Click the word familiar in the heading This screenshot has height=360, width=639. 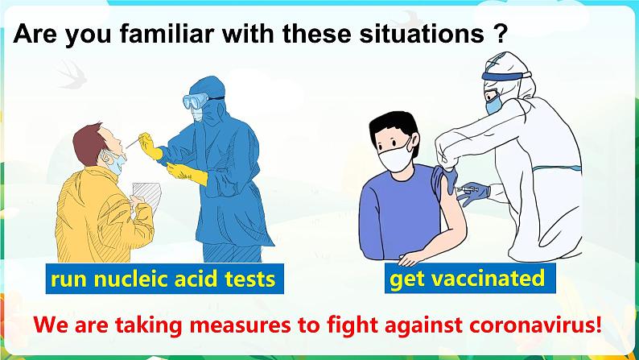tap(168, 34)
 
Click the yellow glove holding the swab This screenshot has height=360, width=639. tap(150, 146)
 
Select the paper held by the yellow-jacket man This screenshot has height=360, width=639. tap(146, 194)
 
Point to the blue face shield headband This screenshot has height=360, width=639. tap(506, 76)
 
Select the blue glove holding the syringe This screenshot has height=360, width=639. tap(476, 193)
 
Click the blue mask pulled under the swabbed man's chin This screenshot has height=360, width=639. tap(114, 161)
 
